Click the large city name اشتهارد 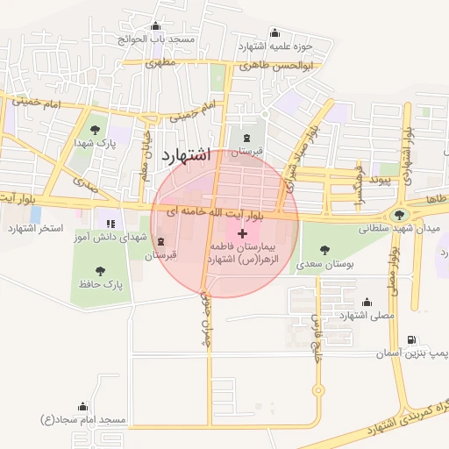point(186,157)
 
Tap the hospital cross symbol point(243,234)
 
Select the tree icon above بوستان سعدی point(326,250)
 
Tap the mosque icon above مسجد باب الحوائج point(156,26)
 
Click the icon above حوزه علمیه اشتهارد point(275,32)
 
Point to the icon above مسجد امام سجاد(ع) point(83,406)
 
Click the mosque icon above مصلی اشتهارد point(367,302)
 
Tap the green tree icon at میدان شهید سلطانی point(400,213)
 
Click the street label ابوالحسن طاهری point(276,65)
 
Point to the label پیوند point(379,178)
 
